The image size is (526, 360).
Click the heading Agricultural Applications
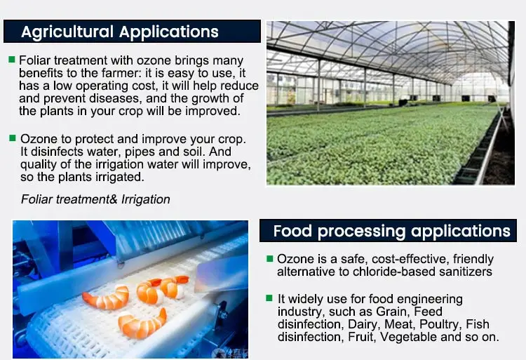120,32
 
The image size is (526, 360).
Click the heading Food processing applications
391,231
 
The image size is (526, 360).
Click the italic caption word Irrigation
145,199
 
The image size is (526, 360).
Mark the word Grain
396,312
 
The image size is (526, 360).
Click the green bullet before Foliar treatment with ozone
11,60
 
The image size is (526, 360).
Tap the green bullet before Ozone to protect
11,138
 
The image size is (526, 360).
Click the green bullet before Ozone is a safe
269,259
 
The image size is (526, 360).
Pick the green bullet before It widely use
269,298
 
